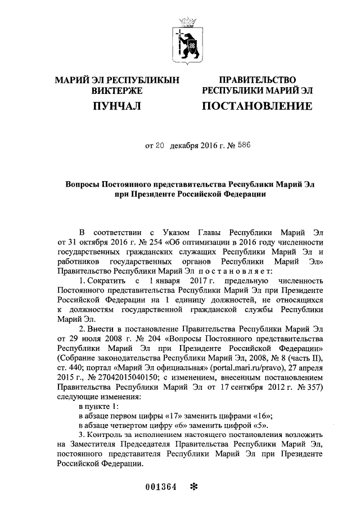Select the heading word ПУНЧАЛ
click(x=116, y=105)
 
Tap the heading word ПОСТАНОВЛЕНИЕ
click(x=256, y=105)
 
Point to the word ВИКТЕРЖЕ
click(x=116, y=90)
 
